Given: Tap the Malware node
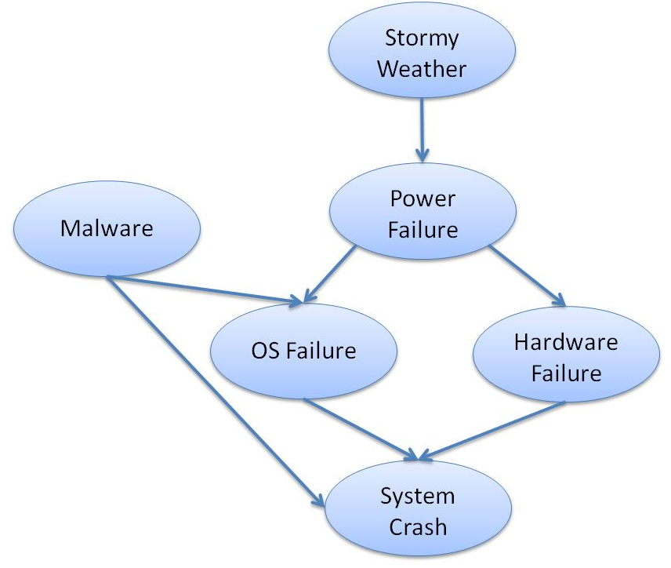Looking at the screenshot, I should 107,228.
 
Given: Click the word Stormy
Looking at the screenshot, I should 421,38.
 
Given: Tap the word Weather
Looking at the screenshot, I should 421,68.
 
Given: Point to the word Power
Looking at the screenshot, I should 423,198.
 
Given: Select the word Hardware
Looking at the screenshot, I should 566,342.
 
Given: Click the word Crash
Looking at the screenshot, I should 417,526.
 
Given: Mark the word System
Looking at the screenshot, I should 417,496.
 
